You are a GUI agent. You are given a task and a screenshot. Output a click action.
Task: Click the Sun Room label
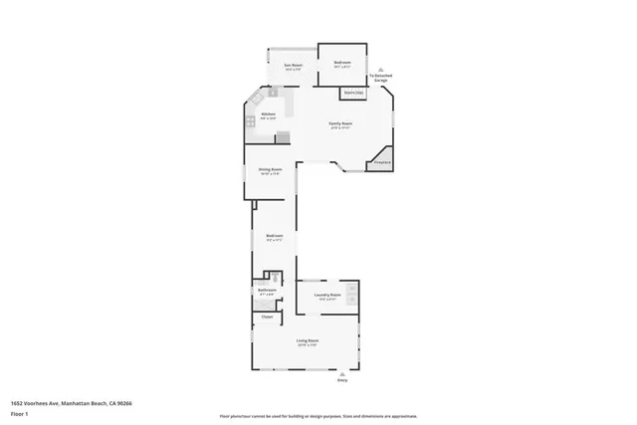(293, 65)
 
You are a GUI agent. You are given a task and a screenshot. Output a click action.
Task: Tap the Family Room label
(341, 123)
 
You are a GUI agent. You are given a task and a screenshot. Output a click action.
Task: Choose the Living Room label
(307, 340)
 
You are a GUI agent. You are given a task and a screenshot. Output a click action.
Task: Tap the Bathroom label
(266, 291)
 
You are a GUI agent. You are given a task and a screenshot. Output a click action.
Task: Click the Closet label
(266, 317)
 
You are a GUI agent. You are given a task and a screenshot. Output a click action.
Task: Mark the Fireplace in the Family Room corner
(381, 160)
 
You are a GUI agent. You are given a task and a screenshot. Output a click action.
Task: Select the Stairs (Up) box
(352, 94)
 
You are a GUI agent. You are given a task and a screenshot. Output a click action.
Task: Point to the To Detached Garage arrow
(379, 69)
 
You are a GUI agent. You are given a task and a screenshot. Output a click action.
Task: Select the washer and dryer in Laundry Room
(352, 294)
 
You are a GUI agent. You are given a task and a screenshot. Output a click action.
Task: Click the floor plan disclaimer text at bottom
(318, 415)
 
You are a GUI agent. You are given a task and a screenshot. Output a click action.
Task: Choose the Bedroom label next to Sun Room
(342, 63)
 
